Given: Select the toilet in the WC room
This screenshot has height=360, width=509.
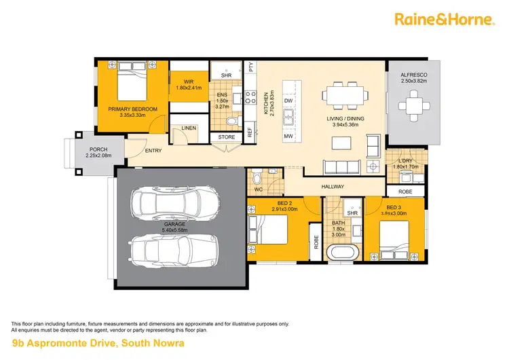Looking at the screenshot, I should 257,178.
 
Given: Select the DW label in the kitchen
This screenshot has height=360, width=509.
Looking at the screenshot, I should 288,101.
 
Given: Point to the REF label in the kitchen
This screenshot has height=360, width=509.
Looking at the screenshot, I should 250,132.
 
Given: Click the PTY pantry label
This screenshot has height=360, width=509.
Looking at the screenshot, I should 250,67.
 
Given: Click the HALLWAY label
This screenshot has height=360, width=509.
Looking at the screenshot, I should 333,187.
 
